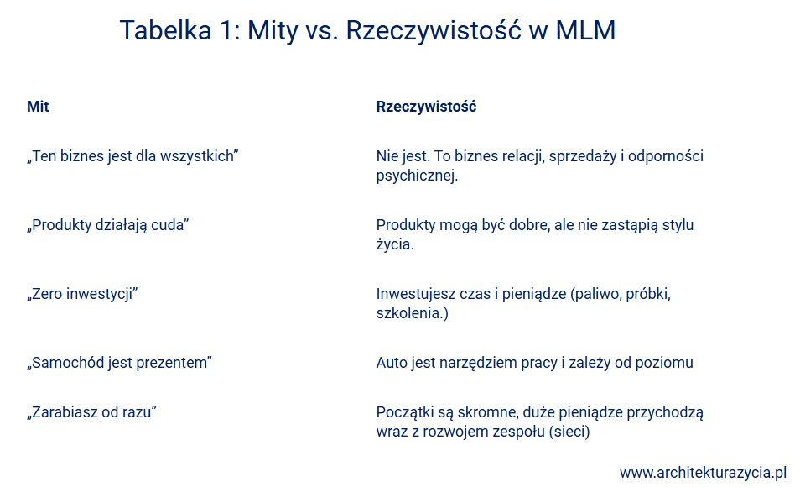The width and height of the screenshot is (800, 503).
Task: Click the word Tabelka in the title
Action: click(x=165, y=30)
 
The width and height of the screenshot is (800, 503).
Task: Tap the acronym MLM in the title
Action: click(x=585, y=30)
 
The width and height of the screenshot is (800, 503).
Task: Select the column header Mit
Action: click(x=38, y=106)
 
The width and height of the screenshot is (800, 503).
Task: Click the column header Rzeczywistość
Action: click(x=426, y=106)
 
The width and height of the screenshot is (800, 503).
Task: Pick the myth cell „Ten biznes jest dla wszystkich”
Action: click(x=132, y=155)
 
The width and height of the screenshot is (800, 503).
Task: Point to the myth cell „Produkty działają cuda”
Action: click(x=107, y=225)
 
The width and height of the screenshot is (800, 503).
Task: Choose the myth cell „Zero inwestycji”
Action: click(x=82, y=294)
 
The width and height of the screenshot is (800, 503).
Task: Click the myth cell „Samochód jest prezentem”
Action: click(x=119, y=363)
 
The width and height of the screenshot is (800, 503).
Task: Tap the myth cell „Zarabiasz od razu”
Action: click(x=91, y=411)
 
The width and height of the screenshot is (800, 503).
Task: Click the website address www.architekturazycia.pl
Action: click(x=703, y=473)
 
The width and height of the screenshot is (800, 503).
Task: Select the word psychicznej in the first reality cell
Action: click(x=417, y=176)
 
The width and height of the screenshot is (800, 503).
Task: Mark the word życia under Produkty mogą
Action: click(x=395, y=244)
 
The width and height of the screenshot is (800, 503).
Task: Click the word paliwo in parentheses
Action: click(x=595, y=294)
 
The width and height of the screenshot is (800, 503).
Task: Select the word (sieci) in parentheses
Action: click(x=569, y=432)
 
